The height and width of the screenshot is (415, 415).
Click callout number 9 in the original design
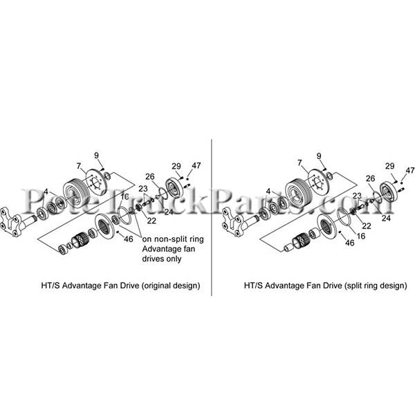(x=96, y=156)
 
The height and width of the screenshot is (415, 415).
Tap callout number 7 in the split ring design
(x=299, y=163)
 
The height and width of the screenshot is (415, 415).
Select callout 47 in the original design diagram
(x=196, y=166)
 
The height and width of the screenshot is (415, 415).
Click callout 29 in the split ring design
(x=390, y=166)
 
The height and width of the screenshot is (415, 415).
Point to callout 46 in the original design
(x=129, y=239)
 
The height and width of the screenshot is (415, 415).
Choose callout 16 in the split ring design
(x=361, y=236)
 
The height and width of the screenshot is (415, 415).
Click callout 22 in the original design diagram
(x=151, y=221)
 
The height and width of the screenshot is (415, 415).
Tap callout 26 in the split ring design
(x=371, y=178)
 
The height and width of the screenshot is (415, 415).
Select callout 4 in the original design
(x=46, y=192)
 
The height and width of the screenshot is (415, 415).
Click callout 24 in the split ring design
(x=386, y=218)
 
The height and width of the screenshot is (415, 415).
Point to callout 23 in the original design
(x=143, y=189)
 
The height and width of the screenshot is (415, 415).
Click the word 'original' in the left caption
(x=156, y=286)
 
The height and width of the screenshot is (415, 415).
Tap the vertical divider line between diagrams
(x=212, y=217)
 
